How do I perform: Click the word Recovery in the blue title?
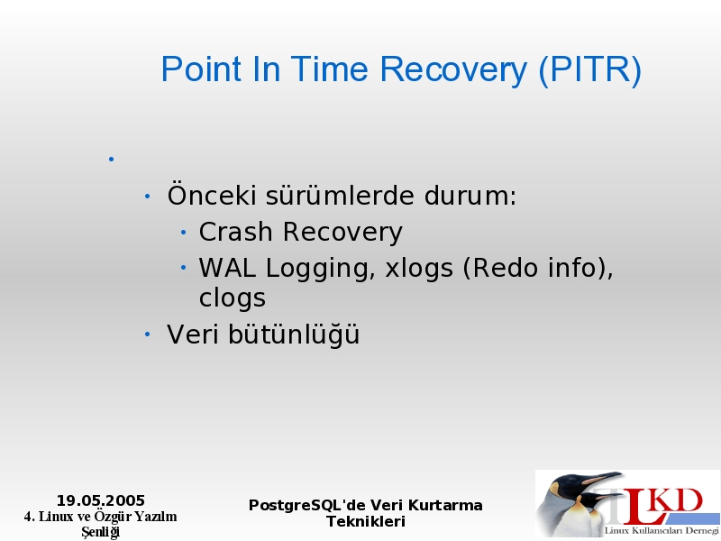pos(453,70)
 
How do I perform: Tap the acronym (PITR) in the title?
pos(589,69)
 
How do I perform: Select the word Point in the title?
pos(201,69)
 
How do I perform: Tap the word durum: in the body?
pos(470,195)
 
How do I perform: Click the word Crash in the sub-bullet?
pos(235,232)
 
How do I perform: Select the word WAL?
pos(227,268)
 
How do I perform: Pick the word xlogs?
pos(419,268)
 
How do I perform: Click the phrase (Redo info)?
pos(538,268)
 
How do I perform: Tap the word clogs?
pos(233,298)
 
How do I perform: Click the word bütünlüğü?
pos(294,333)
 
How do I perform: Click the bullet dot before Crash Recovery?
pos(184,233)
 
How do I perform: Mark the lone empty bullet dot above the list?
pos(111,160)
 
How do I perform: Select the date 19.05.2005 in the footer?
pos(101,500)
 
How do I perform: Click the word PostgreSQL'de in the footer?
pos(306,506)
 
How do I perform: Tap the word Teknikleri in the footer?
pos(366,522)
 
